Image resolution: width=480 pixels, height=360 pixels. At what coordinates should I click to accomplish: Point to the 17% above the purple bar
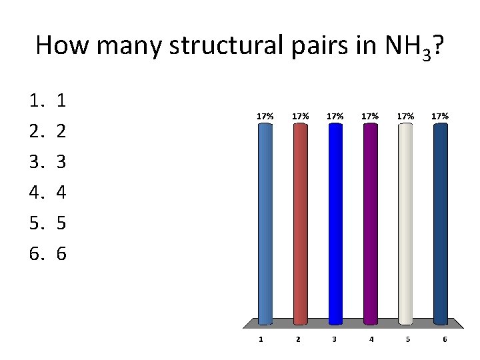coord(370,116)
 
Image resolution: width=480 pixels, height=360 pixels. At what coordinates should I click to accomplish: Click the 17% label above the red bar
coord(300,116)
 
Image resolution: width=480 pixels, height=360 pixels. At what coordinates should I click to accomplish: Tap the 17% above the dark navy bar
coord(440,116)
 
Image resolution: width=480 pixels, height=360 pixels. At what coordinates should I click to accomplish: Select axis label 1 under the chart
coord(261,339)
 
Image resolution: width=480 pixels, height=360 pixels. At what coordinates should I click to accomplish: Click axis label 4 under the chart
coord(371,339)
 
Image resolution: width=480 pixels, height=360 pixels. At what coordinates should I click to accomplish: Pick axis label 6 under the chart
coord(445,339)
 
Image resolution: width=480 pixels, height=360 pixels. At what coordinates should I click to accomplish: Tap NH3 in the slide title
coord(407,47)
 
